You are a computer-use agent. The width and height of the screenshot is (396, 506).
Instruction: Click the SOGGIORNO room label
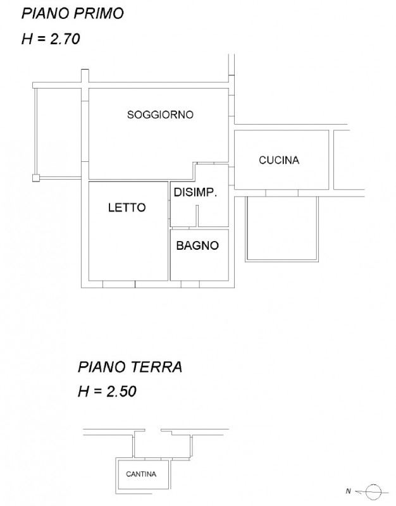click(160, 114)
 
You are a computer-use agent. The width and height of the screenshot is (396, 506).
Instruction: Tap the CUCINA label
click(279, 160)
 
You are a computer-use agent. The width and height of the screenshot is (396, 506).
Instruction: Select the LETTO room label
click(127, 207)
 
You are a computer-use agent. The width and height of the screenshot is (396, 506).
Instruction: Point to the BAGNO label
click(197, 245)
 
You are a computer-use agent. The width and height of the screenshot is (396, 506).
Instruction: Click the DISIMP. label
click(195, 192)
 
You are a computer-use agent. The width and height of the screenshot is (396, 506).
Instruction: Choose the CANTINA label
click(141, 474)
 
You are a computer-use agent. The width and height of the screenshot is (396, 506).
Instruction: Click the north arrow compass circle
click(374, 492)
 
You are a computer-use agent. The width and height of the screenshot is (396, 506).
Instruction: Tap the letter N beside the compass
click(348, 491)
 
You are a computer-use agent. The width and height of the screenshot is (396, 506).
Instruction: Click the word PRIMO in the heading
click(99, 13)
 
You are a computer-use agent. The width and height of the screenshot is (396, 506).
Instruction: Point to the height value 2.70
click(65, 39)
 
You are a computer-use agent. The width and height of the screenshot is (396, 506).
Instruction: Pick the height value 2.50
click(121, 392)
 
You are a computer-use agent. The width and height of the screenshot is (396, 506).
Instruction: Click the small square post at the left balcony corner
click(36, 178)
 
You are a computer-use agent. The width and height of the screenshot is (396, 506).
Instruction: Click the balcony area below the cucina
click(282, 228)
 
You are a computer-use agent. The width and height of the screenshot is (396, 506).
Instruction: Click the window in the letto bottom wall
click(118, 284)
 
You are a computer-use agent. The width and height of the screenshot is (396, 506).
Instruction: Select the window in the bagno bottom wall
click(190, 284)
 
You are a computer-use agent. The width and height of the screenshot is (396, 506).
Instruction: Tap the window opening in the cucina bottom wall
click(282, 193)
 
